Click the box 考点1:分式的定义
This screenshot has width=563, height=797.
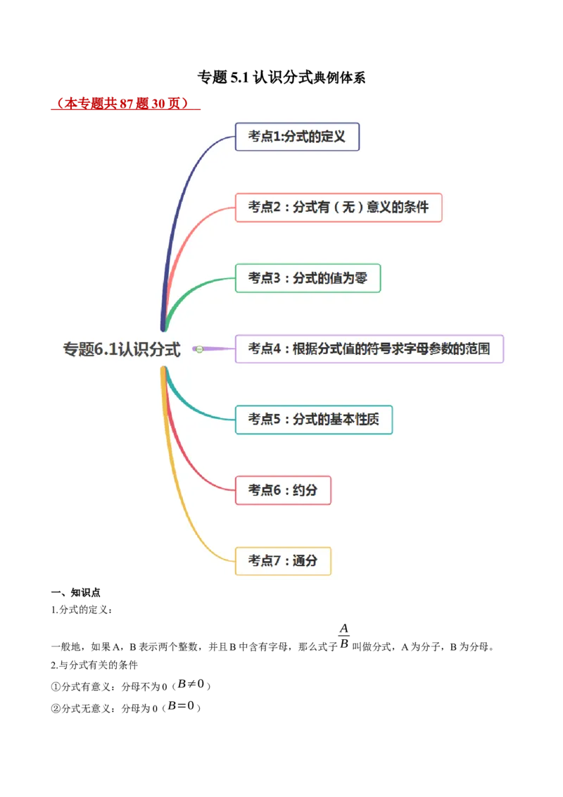(297, 137)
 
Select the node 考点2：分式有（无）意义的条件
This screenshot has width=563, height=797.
(339, 207)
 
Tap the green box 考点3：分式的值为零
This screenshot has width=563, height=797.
(308, 278)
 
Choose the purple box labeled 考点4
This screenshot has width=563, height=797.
(369, 349)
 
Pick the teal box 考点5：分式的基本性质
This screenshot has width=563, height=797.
(313, 420)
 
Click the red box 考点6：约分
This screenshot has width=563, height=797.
(283, 490)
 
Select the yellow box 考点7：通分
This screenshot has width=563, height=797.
(283, 561)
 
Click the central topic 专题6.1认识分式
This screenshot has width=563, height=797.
(122, 349)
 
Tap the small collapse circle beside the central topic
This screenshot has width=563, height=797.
(199, 349)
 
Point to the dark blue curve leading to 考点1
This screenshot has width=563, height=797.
(184, 183)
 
